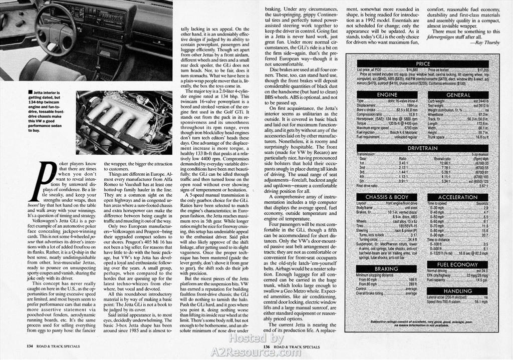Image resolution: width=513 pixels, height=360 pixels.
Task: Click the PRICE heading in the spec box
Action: pos(423,64)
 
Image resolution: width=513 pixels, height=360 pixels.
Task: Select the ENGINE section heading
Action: pos(387,95)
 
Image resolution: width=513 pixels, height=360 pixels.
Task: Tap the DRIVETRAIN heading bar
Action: pos(423,148)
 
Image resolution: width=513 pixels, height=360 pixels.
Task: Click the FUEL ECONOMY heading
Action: pos(457,264)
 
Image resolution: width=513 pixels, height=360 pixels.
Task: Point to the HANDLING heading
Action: pos(457,291)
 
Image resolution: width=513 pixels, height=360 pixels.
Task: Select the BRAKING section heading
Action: pos(387,269)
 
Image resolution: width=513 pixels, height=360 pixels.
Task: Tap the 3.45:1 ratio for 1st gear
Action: pos(403,163)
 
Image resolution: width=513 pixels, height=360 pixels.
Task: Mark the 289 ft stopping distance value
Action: pos(412,284)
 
